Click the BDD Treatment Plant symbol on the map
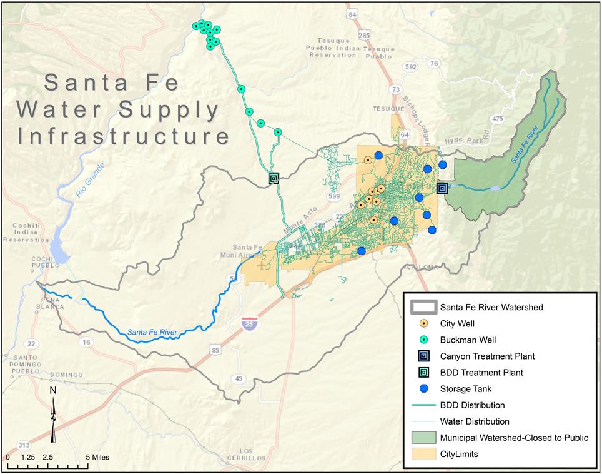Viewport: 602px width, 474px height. pos(273,178)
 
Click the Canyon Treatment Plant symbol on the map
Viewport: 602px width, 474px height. pos(442,188)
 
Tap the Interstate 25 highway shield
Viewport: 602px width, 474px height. pos(250,324)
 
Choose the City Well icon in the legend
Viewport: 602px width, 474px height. pos(424,324)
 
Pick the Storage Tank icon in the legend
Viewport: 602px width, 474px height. pos(424,389)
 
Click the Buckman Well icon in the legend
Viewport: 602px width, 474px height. pos(424,340)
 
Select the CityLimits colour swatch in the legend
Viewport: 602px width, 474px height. pos(424,454)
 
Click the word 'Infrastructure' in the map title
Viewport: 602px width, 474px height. pos(124,136)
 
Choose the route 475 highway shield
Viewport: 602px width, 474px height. pos(497,119)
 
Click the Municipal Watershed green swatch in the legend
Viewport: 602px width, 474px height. pos(424,438)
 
